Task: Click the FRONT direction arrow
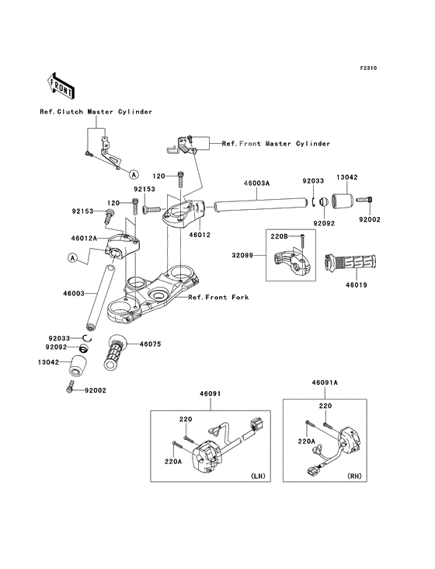tap(61, 86)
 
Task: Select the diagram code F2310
tap(368, 68)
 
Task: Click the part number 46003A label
tap(256, 183)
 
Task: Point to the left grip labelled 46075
tap(116, 352)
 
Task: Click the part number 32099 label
tap(242, 256)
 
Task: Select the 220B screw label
tap(279, 237)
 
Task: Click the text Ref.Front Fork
tap(218, 297)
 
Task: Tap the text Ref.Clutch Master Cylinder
tap(96, 112)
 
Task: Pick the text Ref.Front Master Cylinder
tap(276, 144)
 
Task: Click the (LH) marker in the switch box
tap(258, 476)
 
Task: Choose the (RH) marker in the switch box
tap(354, 476)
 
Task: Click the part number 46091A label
tap(325, 382)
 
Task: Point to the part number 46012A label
tap(84, 238)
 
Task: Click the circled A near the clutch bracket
tap(134, 175)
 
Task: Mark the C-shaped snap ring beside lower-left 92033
tap(87, 338)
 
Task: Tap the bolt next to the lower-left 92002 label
tap(70, 386)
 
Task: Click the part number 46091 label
tap(211, 394)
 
